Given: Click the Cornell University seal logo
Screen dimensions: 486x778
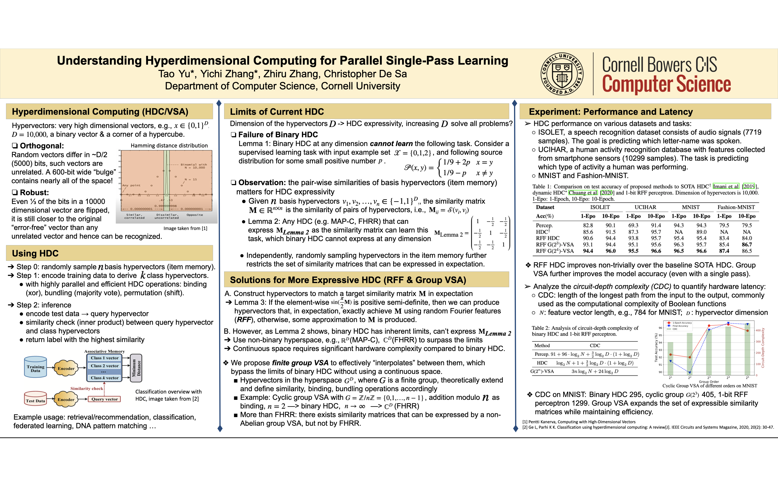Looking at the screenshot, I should pos(562,74).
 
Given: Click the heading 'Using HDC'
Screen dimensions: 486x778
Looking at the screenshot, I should pos(35,253).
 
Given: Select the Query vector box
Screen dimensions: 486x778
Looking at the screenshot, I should pos(104,399).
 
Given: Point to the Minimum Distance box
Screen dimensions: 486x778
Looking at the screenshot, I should pos(136,368).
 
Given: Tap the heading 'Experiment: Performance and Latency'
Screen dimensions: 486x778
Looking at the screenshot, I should pos(611,112).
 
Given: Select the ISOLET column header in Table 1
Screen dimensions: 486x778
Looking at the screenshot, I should pos(600,207).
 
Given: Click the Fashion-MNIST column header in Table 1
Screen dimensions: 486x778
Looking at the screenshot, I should pos(736,207).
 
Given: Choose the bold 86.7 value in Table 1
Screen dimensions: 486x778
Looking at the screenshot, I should pos(747,245).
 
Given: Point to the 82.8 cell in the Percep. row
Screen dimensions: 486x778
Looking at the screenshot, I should pos(588,225).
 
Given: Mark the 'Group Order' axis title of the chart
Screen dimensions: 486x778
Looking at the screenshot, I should pos(709,382).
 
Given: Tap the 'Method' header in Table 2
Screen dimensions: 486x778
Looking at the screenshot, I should pos(542,346).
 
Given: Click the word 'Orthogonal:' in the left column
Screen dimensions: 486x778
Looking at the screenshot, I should pos(42,146).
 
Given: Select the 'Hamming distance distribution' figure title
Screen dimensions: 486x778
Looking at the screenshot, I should pos(169,146).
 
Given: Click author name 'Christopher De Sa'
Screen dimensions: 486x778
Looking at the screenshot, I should pos(365,74).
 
